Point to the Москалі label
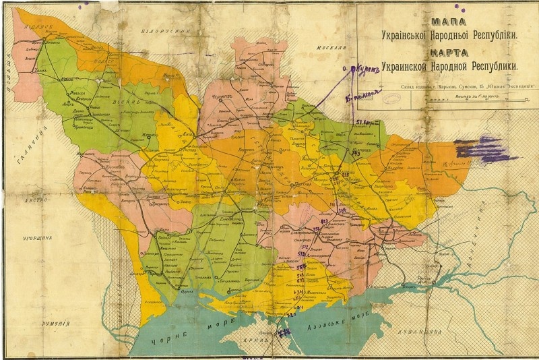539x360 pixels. pyautogui.click(x=330, y=48)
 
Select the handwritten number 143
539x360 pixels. pyautogui.click(x=355, y=153)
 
